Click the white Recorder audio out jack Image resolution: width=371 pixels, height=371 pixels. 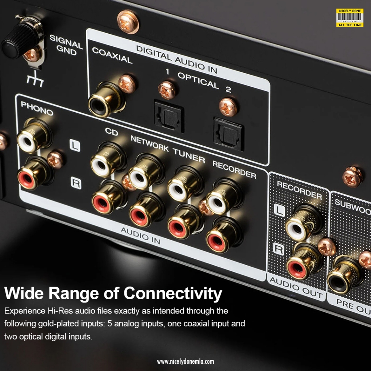tap(298, 227)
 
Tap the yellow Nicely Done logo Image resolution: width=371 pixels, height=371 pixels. tap(349, 17)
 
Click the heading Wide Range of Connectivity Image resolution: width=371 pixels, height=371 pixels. tap(113, 293)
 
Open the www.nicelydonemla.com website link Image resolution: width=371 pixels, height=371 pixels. tap(185, 361)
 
